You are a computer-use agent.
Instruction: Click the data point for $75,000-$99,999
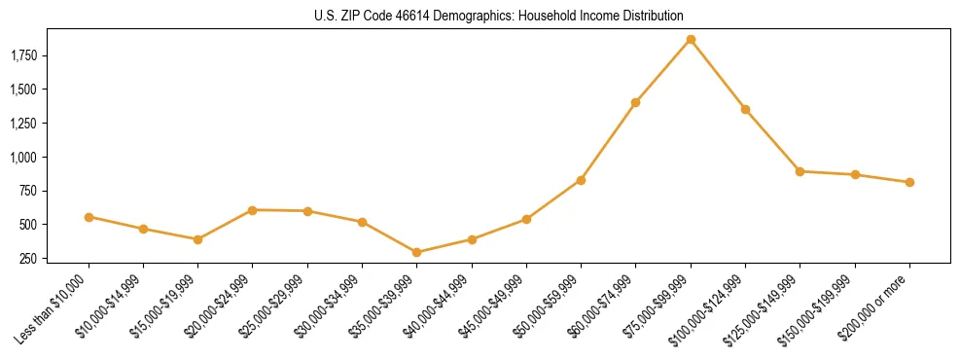click(x=691, y=40)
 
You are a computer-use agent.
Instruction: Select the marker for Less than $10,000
click(x=89, y=217)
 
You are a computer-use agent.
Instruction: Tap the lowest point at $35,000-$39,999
click(x=417, y=252)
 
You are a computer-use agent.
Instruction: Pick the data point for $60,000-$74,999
click(x=635, y=102)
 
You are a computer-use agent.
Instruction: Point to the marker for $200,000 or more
click(x=909, y=182)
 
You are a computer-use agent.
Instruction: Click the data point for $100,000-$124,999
click(x=745, y=109)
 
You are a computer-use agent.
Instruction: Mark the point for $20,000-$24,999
click(x=253, y=210)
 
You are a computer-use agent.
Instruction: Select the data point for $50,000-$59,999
click(x=581, y=180)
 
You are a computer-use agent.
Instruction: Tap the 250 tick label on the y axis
click(x=29, y=259)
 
